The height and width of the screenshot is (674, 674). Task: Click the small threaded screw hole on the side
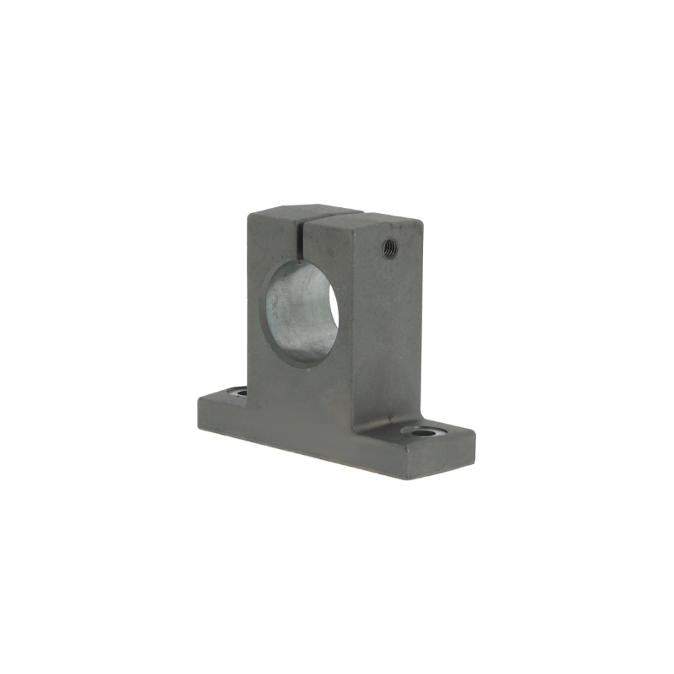(x=390, y=247)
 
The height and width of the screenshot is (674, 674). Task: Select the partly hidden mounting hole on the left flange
(x=238, y=392)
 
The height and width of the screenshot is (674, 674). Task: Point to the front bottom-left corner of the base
(x=199, y=423)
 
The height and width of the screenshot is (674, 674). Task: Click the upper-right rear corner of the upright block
(x=421, y=221)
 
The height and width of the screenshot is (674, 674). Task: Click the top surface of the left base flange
(x=221, y=396)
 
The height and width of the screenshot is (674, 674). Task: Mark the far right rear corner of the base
(x=474, y=435)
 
